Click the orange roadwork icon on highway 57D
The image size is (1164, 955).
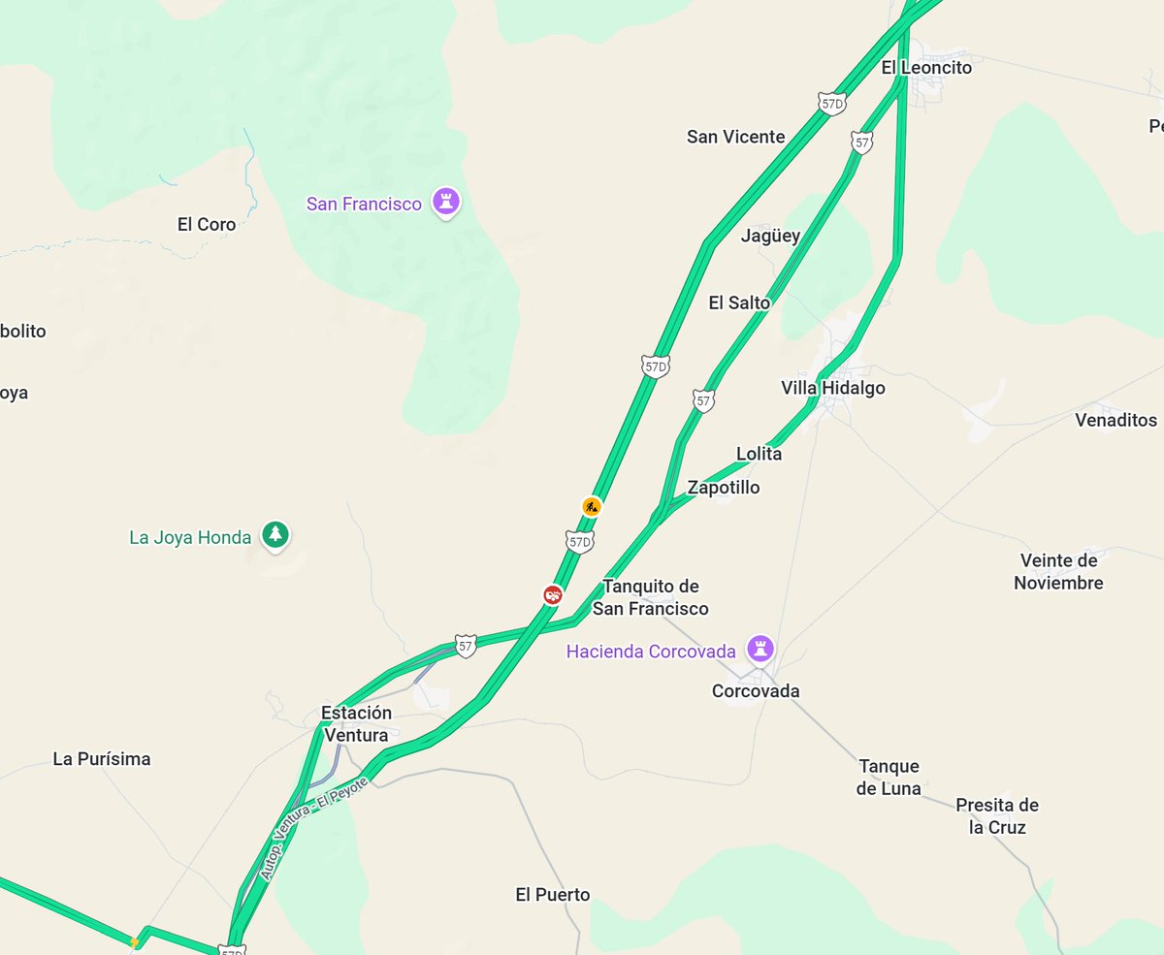point(592,506)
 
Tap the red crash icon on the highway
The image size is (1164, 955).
point(553,594)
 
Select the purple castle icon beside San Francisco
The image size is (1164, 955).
point(446,203)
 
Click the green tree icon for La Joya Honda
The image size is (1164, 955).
point(276,535)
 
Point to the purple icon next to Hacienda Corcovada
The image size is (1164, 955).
point(760,649)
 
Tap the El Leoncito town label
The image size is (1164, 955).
point(925,68)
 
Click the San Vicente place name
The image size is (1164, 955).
point(735,137)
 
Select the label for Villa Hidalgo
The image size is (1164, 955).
point(832,388)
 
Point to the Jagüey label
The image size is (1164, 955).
point(770,236)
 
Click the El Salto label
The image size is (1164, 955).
point(739,302)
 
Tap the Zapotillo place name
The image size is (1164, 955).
point(723,487)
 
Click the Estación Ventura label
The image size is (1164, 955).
point(356,723)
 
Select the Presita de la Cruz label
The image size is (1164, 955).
point(996,815)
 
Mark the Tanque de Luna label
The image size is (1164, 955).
point(888,777)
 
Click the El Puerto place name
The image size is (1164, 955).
point(552,894)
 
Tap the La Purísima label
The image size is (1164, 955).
point(102,758)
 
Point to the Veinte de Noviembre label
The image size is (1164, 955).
point(1058,571)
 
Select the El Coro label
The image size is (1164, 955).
point(207,224)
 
